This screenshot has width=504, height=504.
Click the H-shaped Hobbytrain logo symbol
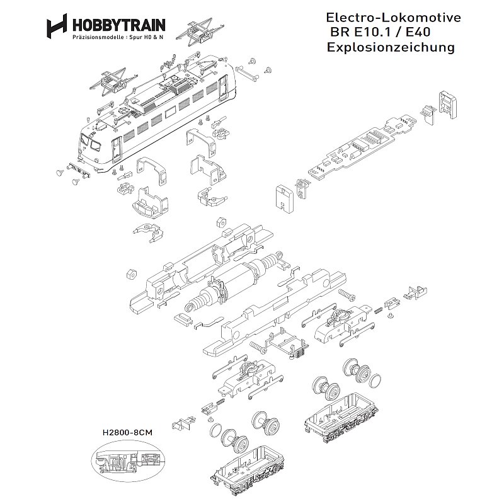click(x=56, y=26)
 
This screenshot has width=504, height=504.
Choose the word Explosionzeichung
click(x=391, y=48)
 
